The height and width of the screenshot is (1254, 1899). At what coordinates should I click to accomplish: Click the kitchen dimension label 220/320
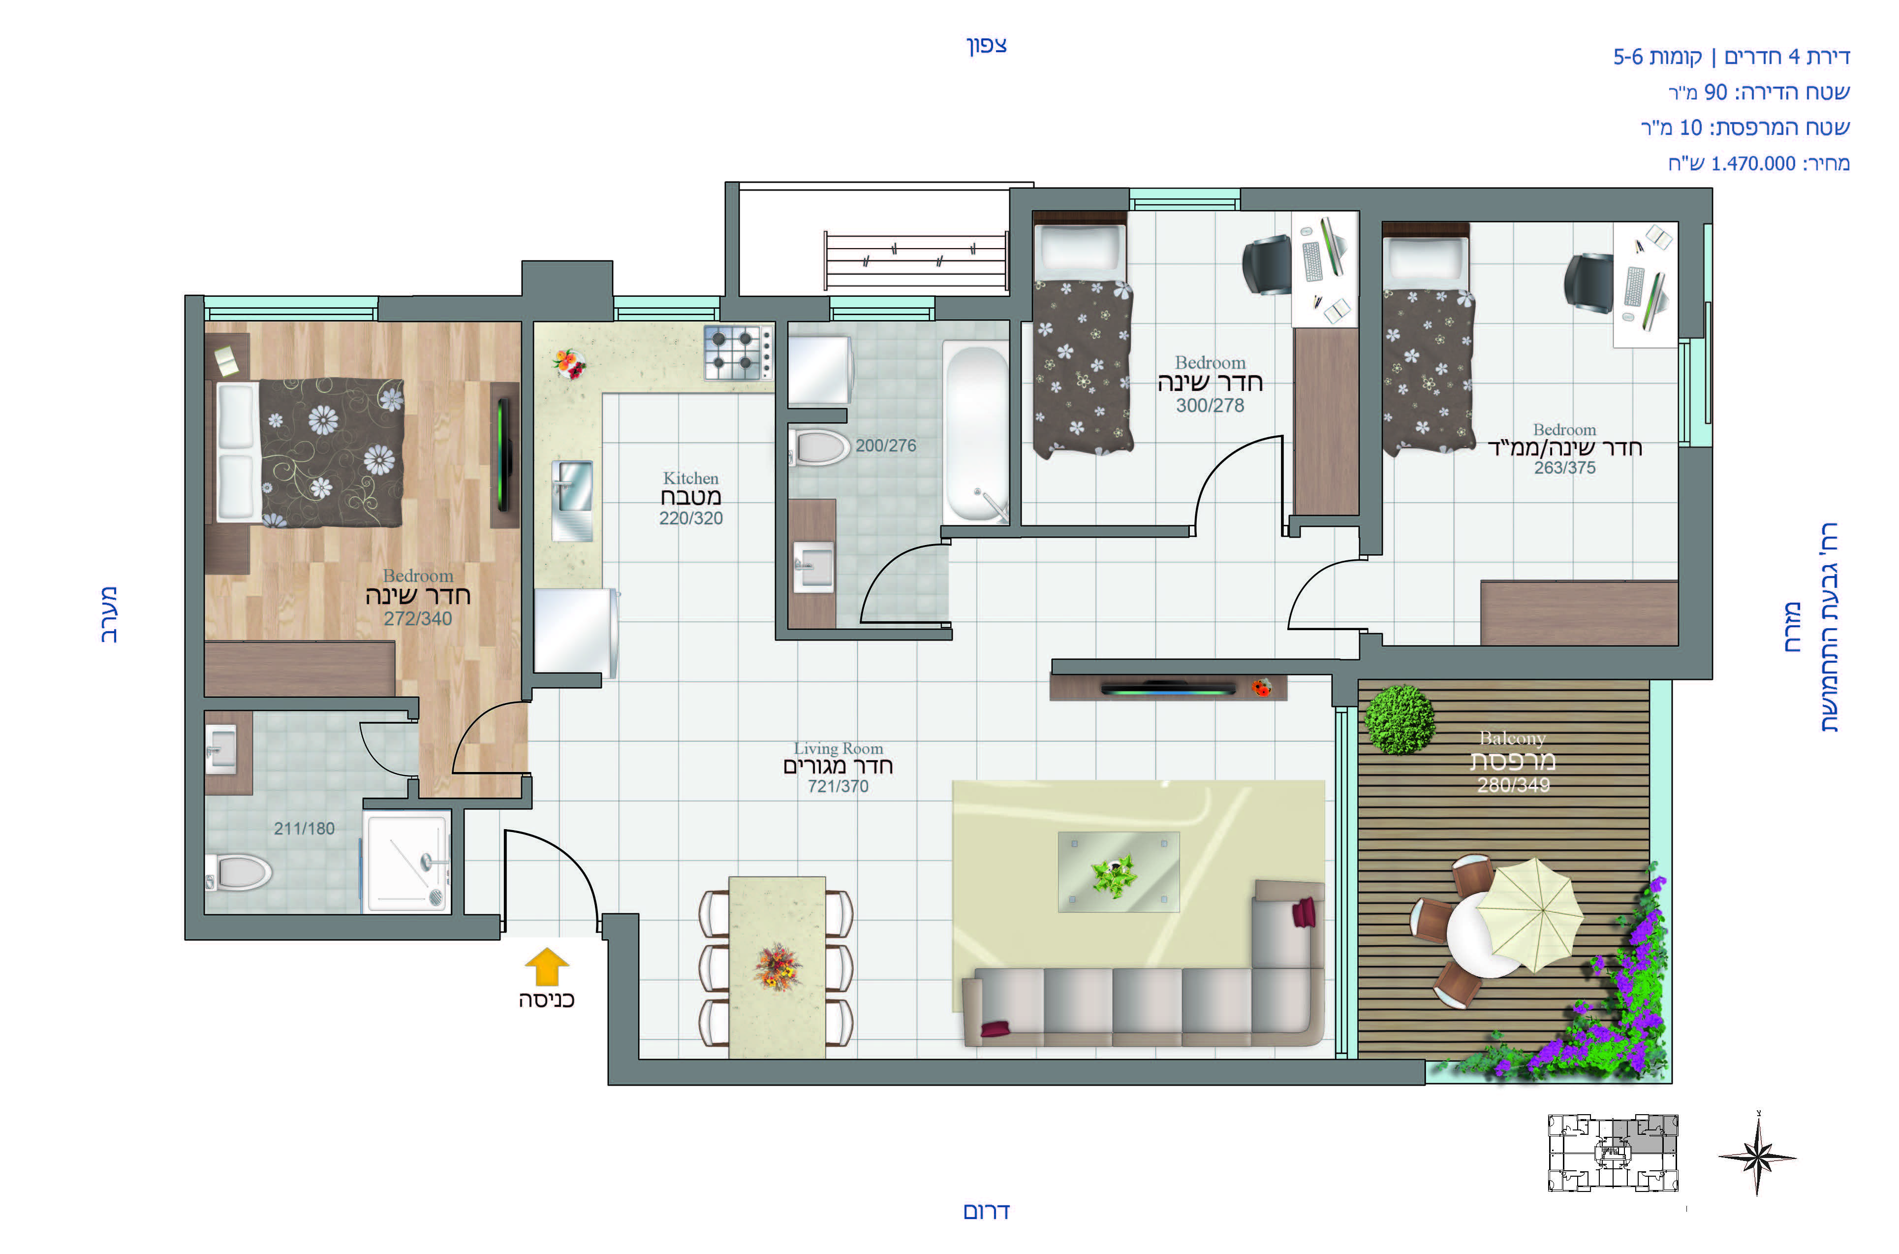[x=690, y=518]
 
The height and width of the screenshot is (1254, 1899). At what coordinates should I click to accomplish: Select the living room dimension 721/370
[x=838, y=786]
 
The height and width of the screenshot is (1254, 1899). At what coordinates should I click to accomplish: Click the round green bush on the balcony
[x=1400, y=719]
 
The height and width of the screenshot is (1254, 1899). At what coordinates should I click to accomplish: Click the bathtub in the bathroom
[x=976, y=433]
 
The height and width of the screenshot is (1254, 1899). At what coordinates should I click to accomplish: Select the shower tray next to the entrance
[x=407, y=861]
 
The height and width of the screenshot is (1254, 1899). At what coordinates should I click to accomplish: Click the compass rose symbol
[x=1758, y=1157]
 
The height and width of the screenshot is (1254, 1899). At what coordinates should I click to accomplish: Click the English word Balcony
[x=1512, y=738]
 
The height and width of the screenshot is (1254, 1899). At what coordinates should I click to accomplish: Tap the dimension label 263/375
[x=1564, y=468]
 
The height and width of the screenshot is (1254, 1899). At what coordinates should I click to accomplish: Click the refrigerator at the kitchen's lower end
[x=575, y=633]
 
